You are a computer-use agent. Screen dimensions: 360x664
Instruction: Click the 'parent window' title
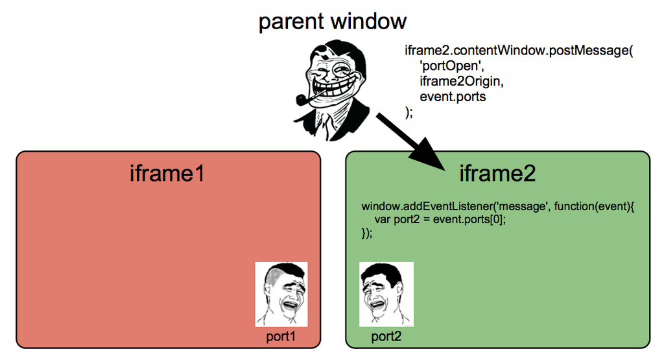332,21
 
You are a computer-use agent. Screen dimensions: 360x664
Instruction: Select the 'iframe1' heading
167,173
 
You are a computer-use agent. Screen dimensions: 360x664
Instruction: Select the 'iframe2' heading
497,173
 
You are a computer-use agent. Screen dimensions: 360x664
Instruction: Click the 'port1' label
281,337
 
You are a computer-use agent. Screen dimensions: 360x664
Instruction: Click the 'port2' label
386,337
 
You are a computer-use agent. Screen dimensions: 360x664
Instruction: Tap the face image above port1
281,294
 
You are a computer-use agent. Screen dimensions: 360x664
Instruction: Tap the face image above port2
386,294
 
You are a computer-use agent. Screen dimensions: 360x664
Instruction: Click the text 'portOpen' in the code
447,66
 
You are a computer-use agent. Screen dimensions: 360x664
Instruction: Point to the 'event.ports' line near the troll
453,97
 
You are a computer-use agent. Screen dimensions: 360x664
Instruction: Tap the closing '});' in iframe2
366,234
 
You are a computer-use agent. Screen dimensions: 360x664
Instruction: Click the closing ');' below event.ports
409,112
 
